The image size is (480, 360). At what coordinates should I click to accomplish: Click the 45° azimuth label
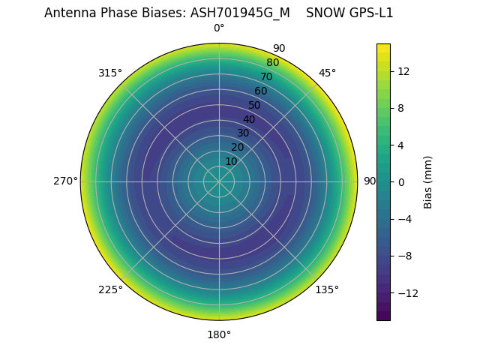(x=327, y=73)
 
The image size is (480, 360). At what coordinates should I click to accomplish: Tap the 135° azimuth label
(x=327, y=289)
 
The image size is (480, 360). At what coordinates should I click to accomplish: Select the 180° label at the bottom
(x=219, y=334)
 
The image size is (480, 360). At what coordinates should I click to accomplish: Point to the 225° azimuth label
(x=110, y=289)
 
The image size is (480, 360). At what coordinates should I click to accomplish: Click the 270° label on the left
(x=65, y=181)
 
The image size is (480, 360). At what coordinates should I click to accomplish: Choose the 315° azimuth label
(x=110, y=73)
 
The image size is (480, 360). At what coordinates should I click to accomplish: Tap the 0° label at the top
(x=219, y=28)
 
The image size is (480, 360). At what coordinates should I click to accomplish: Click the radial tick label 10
(x=232, y=161)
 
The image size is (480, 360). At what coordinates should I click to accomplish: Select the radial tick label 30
(x=243, y=133)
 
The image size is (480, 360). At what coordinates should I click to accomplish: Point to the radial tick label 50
(x=255, y=106)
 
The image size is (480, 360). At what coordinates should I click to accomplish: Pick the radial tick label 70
(x=266, y=77)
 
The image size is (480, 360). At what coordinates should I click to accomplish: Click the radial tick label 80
(x=272, y=63)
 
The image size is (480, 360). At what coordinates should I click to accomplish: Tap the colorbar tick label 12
(x=403, y=70)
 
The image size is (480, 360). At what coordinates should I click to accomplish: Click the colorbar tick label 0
(x=401, y=181)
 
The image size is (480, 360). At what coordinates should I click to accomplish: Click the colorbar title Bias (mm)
(x=428, y=181)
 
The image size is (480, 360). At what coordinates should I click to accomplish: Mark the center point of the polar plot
(x=219, y=181)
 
